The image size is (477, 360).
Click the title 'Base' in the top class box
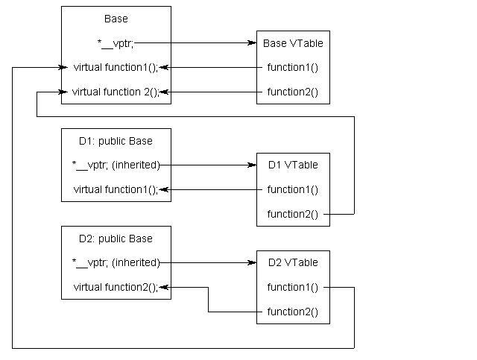(116, 19)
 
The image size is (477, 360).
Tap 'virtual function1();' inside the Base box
(116, 67)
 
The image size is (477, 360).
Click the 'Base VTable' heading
(293, 43)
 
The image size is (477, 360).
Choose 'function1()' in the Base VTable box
(292, 68)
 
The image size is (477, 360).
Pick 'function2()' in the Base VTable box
(292, 92)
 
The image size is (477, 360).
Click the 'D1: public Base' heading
(116, 141)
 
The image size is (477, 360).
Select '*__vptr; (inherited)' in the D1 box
(116, 165)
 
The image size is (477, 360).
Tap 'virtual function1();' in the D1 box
(116, 189)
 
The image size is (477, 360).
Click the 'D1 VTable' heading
(293, 165)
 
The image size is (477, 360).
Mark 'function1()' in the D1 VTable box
(292, 189)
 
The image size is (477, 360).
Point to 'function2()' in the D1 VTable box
(292, 215)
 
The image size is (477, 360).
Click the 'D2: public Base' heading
(116, 239)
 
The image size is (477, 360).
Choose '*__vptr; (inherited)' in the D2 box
(116, 262)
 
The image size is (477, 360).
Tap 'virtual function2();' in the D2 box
(116, 287)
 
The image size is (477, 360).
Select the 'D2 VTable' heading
(293, 262)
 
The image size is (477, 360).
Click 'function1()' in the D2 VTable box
(292, 287)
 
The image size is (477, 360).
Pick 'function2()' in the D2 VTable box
(292, 312)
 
